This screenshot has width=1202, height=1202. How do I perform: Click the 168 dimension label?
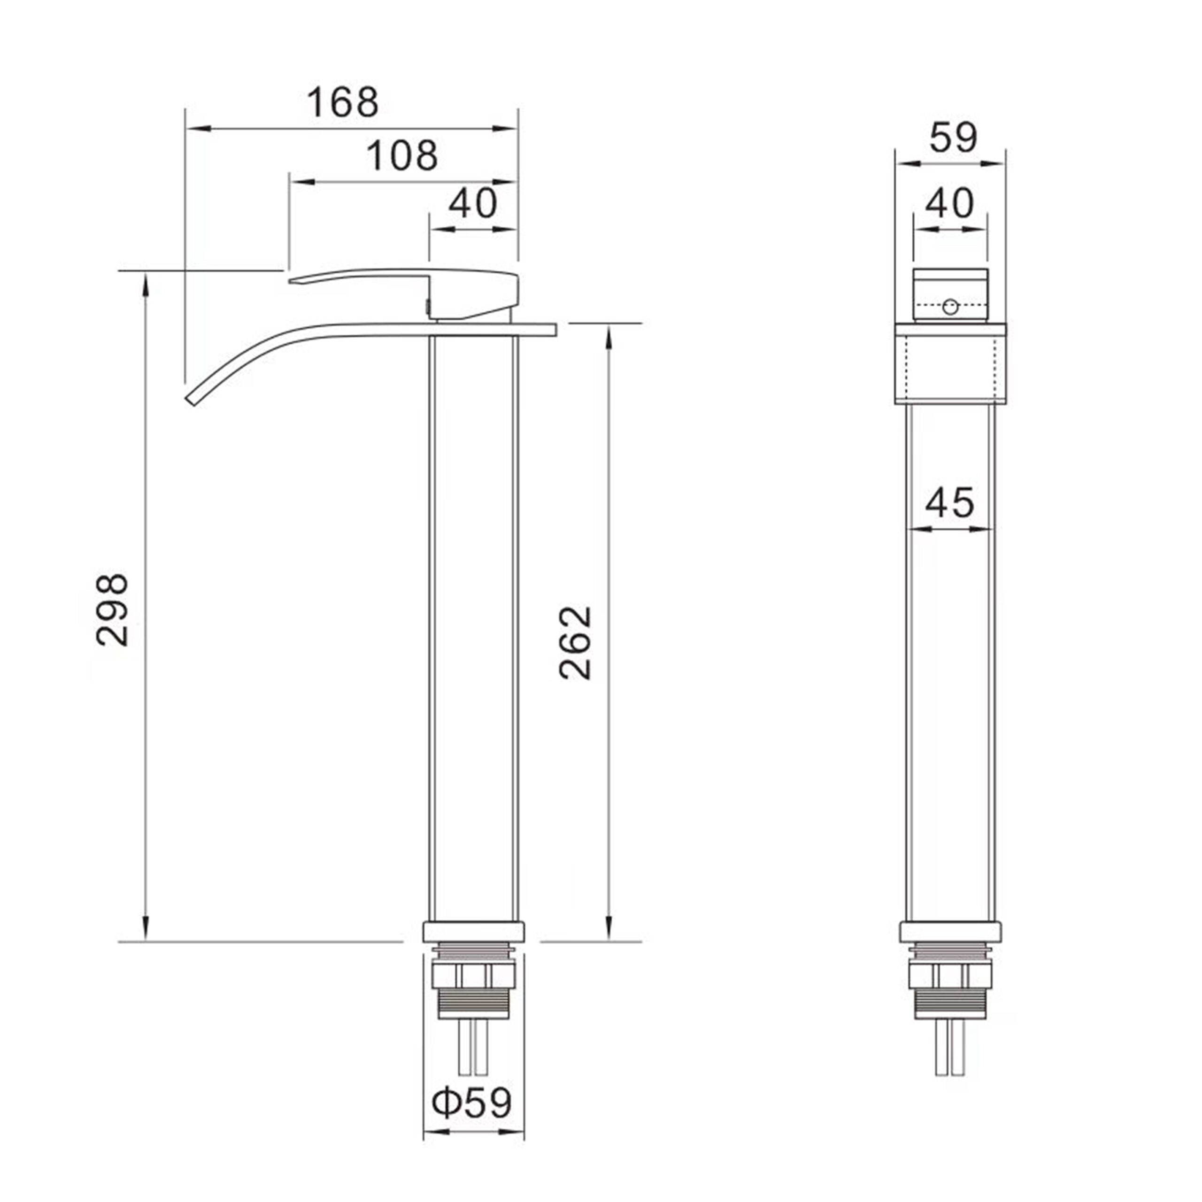click(343, 103)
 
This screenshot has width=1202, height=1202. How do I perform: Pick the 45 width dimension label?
click(949, 502)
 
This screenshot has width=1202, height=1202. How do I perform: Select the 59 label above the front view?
click(953, 137)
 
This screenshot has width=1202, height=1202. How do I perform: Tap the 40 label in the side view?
click(473, 203)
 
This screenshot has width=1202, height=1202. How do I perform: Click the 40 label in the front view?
click(949, 203)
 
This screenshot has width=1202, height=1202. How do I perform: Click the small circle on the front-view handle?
click(950, 306)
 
